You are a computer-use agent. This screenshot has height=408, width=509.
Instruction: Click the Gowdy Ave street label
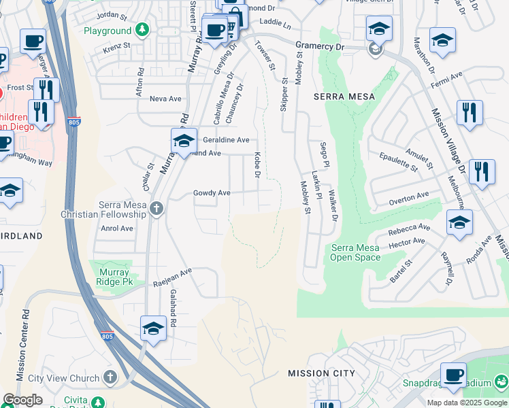pos(212,193)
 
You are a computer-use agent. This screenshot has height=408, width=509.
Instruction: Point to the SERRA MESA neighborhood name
pos(344,97)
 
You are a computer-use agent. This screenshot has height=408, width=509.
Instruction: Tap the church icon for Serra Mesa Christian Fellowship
pos(157,209)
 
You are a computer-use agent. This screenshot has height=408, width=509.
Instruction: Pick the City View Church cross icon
pos(111,377)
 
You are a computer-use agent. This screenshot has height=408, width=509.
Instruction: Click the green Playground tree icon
pos(142,30)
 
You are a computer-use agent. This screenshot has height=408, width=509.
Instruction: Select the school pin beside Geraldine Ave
pos(184,141)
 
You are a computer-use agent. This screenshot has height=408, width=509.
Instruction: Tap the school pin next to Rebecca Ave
pos(460,222)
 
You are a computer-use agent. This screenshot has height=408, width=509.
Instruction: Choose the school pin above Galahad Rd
pos(154,328)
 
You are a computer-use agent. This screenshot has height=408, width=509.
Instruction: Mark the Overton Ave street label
pos(409,198)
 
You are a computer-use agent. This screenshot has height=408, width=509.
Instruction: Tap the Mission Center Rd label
pos(22,345)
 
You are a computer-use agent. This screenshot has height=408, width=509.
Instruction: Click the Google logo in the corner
pos(22,400)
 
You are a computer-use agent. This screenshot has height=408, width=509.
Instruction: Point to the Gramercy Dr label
pos(320,46)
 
